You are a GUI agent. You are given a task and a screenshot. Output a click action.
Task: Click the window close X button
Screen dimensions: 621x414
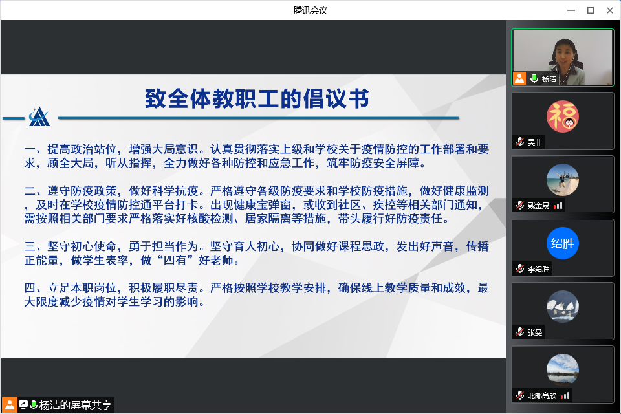pos(610,10)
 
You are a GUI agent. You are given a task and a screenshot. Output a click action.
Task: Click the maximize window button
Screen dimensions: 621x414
pos(591,10)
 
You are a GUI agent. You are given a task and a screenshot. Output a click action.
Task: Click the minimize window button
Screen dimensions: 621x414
pos(571,10)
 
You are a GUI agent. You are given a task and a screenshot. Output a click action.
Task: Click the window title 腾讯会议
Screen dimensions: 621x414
pos(310,10)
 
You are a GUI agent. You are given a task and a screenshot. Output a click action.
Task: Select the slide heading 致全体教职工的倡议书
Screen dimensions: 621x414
pos(257,98)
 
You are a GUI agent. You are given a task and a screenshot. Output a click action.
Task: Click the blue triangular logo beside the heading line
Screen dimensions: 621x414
pos(39,117)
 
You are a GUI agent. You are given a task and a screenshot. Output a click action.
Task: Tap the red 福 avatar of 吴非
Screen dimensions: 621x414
pos(562,116)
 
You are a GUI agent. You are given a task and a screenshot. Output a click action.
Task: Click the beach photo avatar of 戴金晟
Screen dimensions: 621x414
pos(562,179)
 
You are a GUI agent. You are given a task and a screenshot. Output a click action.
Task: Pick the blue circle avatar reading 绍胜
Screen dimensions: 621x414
pos(562,243)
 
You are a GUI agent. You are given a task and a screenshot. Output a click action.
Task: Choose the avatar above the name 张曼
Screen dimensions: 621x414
pos(562,306)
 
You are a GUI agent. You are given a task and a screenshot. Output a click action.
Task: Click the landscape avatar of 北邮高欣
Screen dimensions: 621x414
pos(562,369)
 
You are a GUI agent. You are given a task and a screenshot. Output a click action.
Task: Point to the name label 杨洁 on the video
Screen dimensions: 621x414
pos(549,79)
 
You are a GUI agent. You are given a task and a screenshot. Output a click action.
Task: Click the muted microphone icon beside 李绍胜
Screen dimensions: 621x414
pos(520,269)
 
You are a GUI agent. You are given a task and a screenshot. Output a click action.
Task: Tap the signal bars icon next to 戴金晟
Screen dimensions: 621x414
pos(558,205)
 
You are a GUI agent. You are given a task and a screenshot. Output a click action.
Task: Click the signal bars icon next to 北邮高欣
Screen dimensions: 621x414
pos(565,395)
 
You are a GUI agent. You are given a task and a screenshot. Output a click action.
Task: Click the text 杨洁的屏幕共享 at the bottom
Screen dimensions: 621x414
pos(75,406)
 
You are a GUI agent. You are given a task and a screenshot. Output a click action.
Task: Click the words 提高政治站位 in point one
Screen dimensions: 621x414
pos(82,149)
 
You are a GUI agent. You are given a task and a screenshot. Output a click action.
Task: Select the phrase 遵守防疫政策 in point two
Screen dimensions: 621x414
pos(82,191)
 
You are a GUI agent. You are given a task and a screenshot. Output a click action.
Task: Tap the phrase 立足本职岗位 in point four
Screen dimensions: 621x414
pos(82,288)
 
